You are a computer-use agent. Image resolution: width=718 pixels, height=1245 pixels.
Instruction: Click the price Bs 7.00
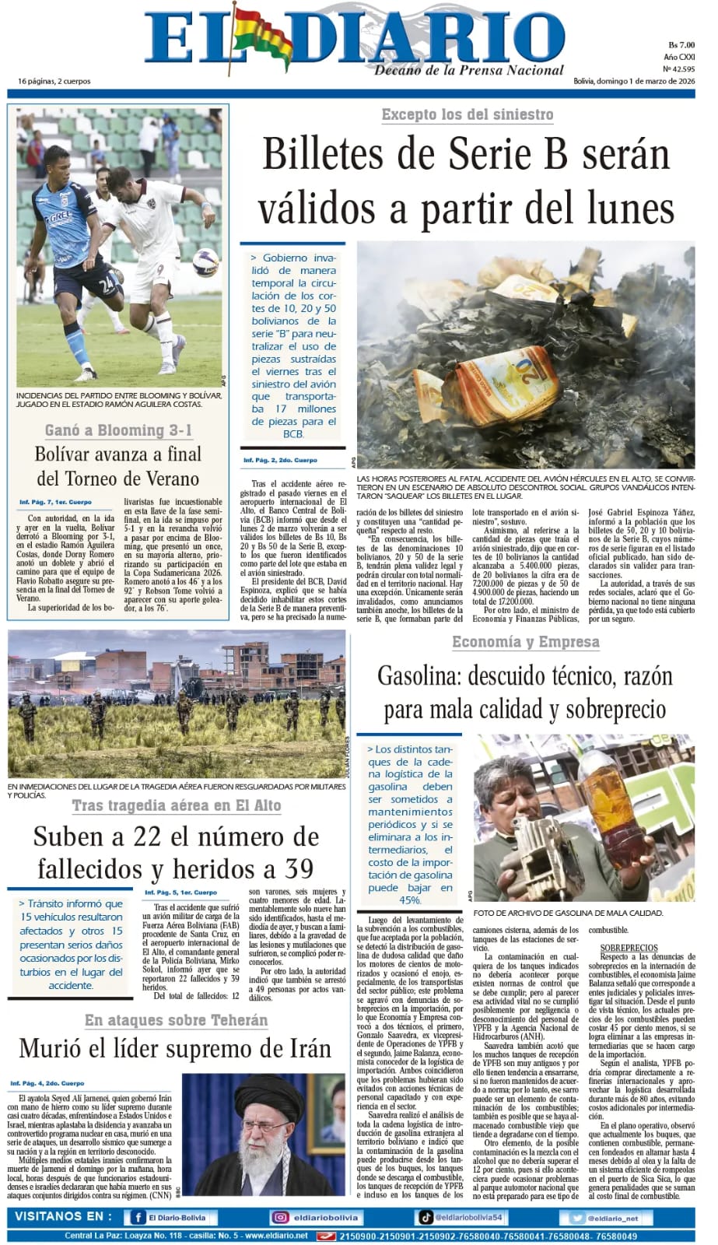681,45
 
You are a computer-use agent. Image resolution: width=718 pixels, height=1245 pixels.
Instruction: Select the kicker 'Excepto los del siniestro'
467,115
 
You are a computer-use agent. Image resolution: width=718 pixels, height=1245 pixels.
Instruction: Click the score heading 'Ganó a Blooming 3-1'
118,430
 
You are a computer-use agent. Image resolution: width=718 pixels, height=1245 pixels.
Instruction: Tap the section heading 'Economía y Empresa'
525,642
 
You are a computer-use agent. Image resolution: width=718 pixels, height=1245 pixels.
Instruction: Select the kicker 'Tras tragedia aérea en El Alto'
177,806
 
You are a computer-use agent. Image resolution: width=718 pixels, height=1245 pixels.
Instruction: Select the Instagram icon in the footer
280,1218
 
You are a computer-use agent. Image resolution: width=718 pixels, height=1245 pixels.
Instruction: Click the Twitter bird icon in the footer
576,1218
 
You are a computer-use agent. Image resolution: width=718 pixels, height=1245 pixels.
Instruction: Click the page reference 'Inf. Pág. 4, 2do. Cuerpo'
47,1083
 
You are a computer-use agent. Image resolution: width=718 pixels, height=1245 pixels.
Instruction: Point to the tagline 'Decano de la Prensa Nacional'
469,71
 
